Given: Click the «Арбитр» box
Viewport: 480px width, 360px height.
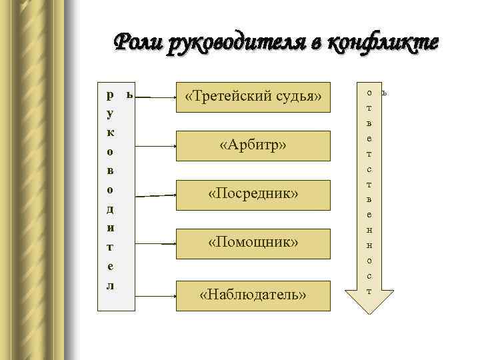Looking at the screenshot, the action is [x=253, y=145].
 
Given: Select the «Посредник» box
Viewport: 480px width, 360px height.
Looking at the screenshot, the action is [x=253, y=193].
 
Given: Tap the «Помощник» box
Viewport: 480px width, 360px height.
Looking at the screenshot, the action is [x=253, y=242].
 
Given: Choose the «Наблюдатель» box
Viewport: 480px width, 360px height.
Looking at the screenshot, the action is [x=253, y=294].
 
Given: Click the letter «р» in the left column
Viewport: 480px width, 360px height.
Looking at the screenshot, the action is [x=110, y=94].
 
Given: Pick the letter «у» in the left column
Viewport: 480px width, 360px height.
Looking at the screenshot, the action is [x=110, y=113].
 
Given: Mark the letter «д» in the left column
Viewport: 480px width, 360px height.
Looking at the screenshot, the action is [x=110, y=209].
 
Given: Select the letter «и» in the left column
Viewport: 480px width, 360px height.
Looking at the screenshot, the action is [x=110, y=227].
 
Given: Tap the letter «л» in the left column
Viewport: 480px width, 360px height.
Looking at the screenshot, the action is [x=110, y=285].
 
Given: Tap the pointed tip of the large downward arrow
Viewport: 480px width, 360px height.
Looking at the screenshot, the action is [x=369, y=311].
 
